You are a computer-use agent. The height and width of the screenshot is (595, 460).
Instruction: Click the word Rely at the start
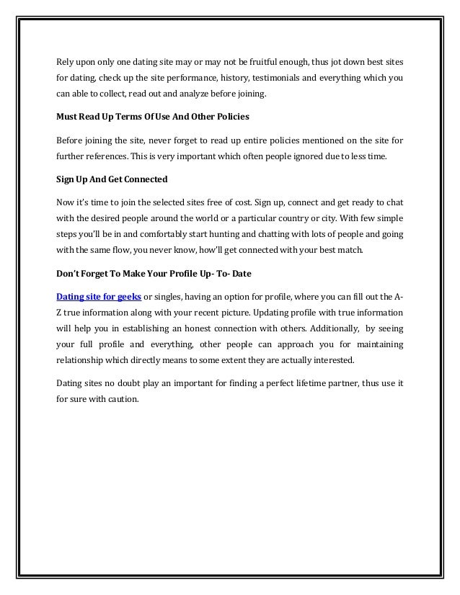[64, 62]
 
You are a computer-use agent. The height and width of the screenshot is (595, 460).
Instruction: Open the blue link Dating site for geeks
[99, 297]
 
